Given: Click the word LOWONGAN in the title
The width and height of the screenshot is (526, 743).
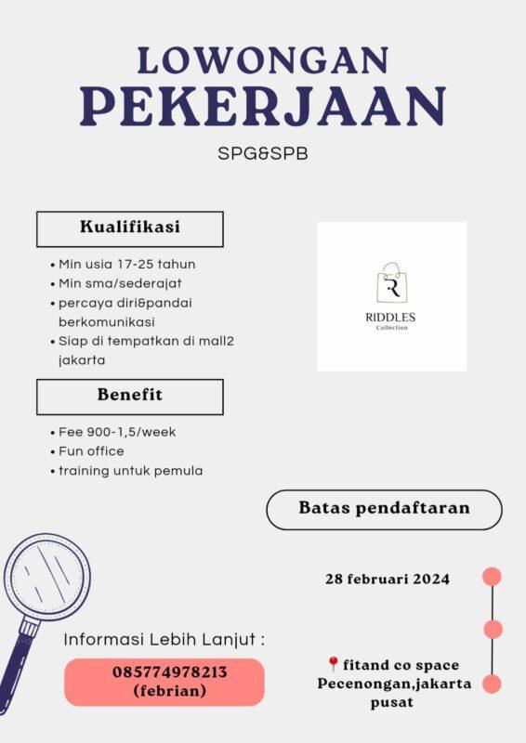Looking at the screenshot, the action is point(262,60).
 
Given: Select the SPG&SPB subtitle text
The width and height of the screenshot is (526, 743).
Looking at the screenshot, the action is point(263,153).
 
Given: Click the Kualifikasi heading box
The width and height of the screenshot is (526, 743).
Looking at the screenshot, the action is point(130,228).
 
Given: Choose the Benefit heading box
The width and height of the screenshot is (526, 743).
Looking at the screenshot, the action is point(130,396).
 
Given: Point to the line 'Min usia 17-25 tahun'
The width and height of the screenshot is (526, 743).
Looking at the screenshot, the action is point(127,264).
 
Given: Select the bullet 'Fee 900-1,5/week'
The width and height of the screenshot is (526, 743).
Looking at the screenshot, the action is point(117,432).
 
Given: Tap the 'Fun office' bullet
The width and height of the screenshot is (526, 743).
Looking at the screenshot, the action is point(91,451).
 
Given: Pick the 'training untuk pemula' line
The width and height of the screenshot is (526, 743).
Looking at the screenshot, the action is point(130,471).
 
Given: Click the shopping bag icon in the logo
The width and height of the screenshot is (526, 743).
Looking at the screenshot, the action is point(391,283).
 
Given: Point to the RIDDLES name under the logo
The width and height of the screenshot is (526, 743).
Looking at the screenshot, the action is point(391,318).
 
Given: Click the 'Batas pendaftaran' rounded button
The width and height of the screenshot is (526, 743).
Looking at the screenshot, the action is point(384,509).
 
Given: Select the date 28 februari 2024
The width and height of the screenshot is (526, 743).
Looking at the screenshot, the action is point(388,580).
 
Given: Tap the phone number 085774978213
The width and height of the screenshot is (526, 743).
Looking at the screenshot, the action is point(164,671).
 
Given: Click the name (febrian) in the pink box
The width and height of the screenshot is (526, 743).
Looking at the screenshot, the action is point(164,691).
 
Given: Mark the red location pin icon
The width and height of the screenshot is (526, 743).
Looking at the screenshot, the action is point(334,665).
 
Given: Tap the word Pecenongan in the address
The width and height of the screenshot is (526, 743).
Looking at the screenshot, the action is point(362,684).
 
